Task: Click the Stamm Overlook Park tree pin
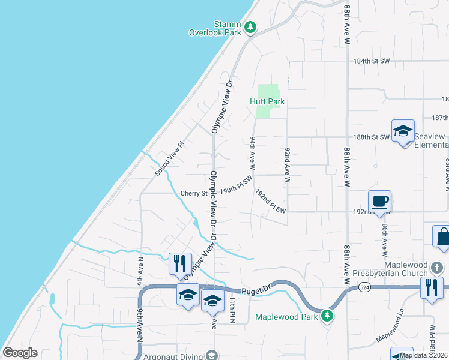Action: click(x=250, y=27)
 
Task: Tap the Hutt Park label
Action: click(x=267, y=101)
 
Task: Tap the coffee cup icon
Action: click(x=379, y=202)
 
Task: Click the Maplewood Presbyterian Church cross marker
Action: click(x=438, y=266)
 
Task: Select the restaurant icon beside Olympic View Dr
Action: click(x=180, y=263)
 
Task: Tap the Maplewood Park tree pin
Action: click(x=327, y=315)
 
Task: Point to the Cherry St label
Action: click(x=193, y=194)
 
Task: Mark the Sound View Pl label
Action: click(x=168, y=159)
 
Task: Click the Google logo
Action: click(x=20, y=353)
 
